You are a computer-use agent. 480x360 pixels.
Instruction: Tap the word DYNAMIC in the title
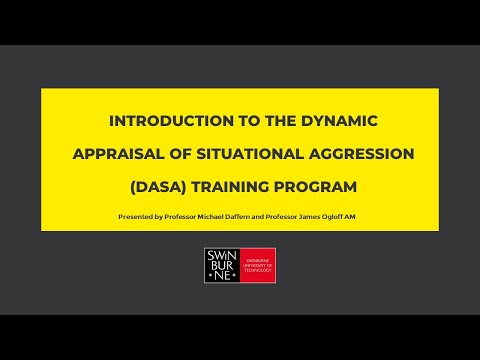(x=337, y=121)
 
